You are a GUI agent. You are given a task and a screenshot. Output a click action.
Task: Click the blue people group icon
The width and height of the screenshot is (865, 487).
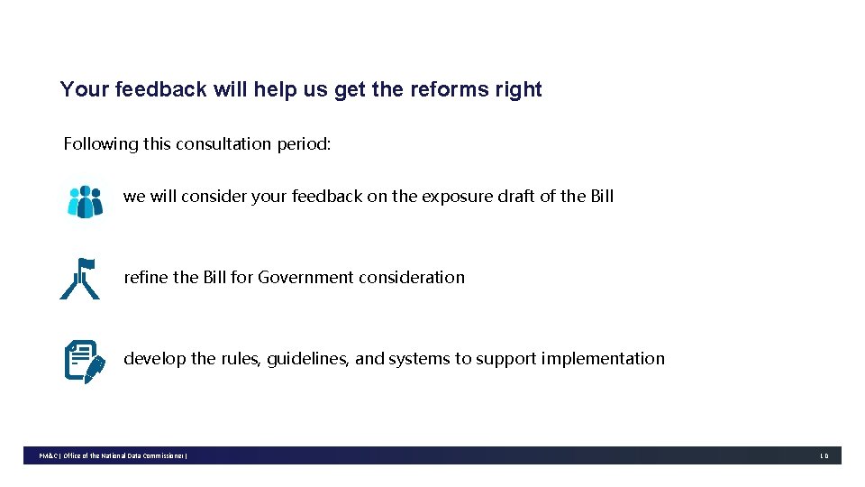point(86,201)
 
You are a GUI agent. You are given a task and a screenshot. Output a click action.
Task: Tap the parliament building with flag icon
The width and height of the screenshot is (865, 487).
point(80,279)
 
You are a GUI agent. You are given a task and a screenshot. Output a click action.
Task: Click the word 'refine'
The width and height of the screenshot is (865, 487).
point(145,277)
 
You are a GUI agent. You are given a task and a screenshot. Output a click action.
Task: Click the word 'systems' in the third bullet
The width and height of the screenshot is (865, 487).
point(419,358)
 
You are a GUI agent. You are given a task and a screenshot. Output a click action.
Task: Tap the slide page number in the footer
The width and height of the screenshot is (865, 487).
point(824,456)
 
